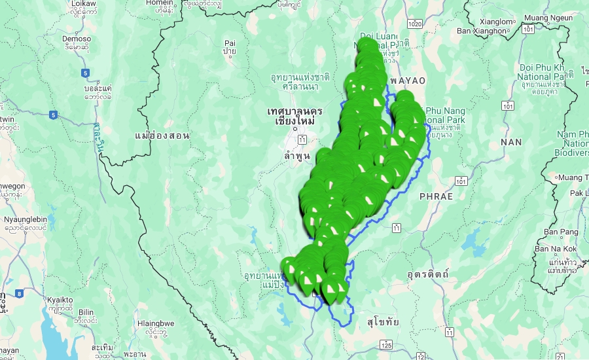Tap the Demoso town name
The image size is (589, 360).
pyautogui.click(x=77, y=38)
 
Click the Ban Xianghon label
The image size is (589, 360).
pyautogui.click(x=482, y=30)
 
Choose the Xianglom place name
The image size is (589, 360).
pyautogui.click(x=494, y=20)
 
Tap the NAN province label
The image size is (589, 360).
pyautogui.click(x=511, y=141)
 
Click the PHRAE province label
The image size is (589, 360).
pyautogui.click(x=436, y=196)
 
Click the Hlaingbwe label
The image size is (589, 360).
pyautogui.click(x=156, y=323)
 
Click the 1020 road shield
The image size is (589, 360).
pyautogui.click(x=414, y=24)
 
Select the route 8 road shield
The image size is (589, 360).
pyautogui.click(x=19, y=294)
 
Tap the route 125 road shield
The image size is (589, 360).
pyautogui.click(x=387, y=344)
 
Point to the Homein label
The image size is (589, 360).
pyautogui.click(x=160, y=2)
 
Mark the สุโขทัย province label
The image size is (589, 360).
pyautogui.click(x=384, y=321)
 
